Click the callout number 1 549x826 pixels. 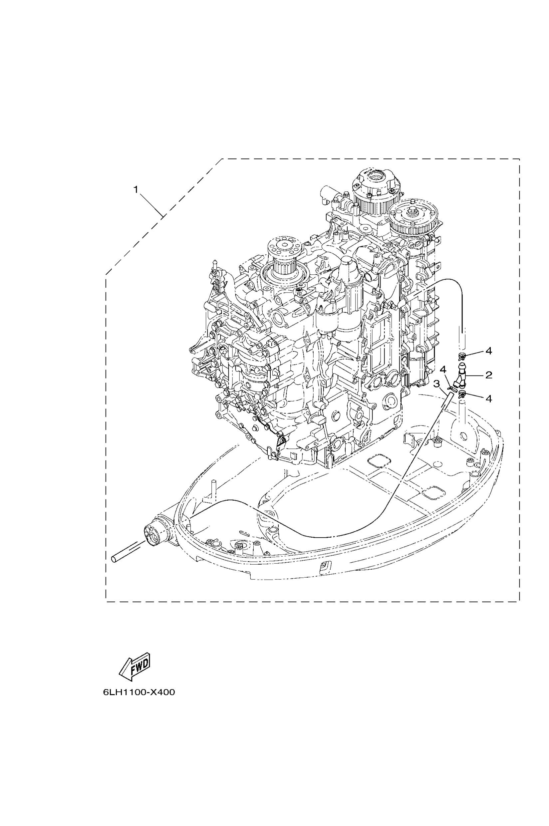136,189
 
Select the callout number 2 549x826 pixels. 489,375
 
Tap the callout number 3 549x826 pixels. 436,384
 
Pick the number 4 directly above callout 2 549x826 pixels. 489,351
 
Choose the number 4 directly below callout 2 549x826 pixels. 489,399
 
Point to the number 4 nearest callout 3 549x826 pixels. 443,370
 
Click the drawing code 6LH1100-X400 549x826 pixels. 139,692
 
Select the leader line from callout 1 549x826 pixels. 150,204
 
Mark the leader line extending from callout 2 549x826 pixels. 475,376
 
